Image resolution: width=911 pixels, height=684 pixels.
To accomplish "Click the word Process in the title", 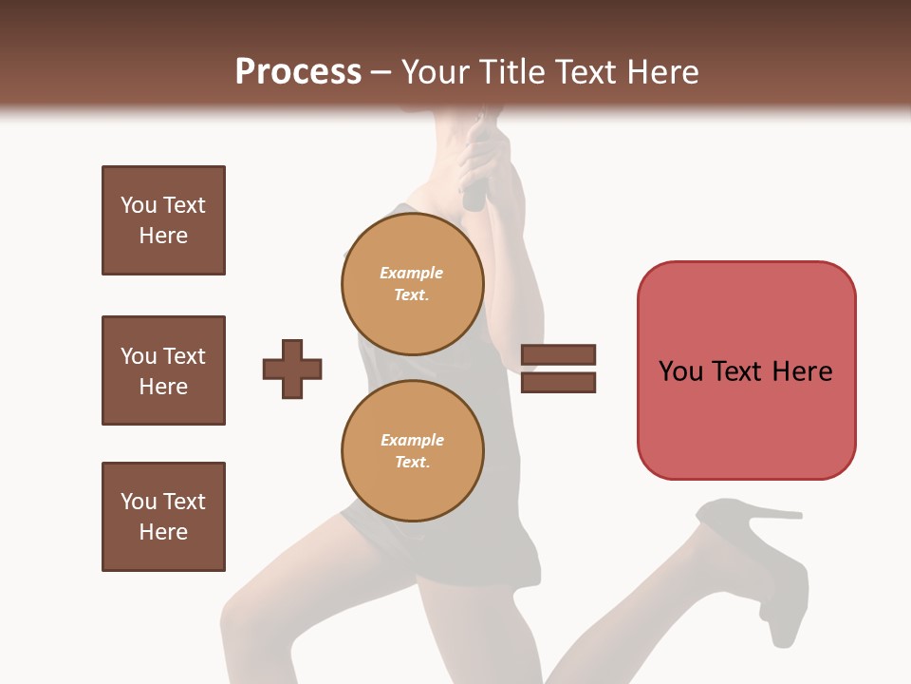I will tap(298, 72).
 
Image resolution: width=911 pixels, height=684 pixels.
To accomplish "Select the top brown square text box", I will tap(163, 220).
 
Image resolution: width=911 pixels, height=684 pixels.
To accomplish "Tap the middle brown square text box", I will tap(163, 370).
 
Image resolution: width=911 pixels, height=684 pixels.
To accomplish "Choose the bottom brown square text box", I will tap(163, 517).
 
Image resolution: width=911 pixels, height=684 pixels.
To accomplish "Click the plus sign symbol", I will tap(292, 369).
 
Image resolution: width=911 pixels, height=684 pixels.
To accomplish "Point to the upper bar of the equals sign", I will tap(558, 354).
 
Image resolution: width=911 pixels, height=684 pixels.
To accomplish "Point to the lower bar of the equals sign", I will tap(558, 382).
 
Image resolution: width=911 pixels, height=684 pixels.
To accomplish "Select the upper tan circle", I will tap(413, 283).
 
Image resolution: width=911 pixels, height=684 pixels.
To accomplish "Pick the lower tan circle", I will tap(413, 450).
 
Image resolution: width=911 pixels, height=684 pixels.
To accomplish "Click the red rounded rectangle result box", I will tap(746, 370).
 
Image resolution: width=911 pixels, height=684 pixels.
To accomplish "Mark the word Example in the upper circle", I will tap(412, 273).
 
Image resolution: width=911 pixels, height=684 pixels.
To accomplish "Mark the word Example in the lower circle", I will tap(412, 440).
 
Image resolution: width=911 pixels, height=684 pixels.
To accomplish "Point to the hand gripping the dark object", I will tap(486, 161).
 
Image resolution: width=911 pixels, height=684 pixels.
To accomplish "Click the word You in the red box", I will tap(680, 370).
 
